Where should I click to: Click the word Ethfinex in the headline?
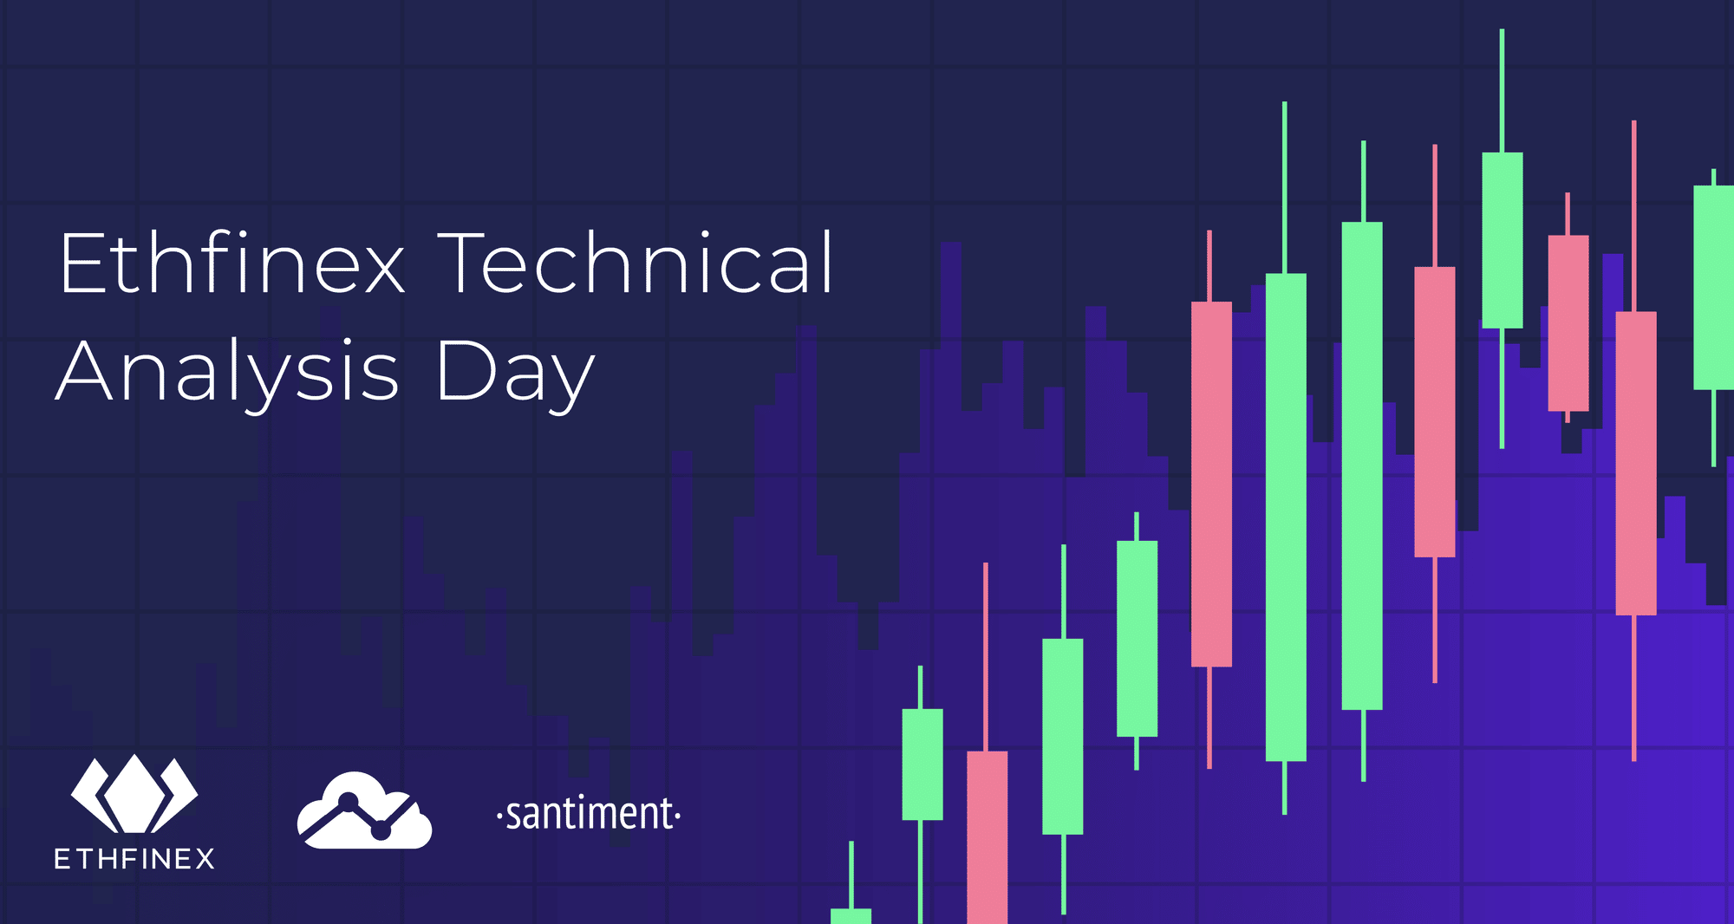coord(232,262)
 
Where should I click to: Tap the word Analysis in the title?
coord(227,373)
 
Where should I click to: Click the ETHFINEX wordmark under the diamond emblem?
coord(134,859)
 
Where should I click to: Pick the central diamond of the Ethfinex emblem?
coord(134,793)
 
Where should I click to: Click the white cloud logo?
coord(364,810)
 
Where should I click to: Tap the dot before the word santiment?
coord(499,816)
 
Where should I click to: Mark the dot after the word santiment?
coord(678,816)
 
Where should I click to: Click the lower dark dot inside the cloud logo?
coord(381,830)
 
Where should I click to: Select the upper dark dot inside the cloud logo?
coord(349,802)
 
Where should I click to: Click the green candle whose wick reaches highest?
coord(1503,240)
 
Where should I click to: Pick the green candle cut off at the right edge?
coord(1714,288)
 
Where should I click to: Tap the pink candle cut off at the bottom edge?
coord(987,836)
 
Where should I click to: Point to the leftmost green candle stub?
coord(851,915)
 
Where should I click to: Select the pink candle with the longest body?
coord(1211,484)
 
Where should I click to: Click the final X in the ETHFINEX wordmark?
coord(205,859)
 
